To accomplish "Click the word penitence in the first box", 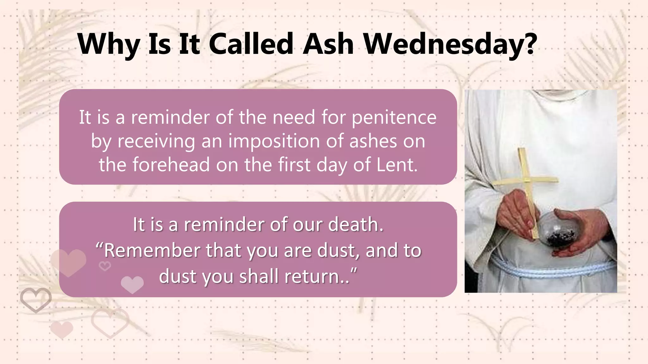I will (394, 118).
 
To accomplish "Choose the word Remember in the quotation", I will (152, 251).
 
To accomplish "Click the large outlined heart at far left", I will (36, 300).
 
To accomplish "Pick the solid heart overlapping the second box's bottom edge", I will (132, 284).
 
